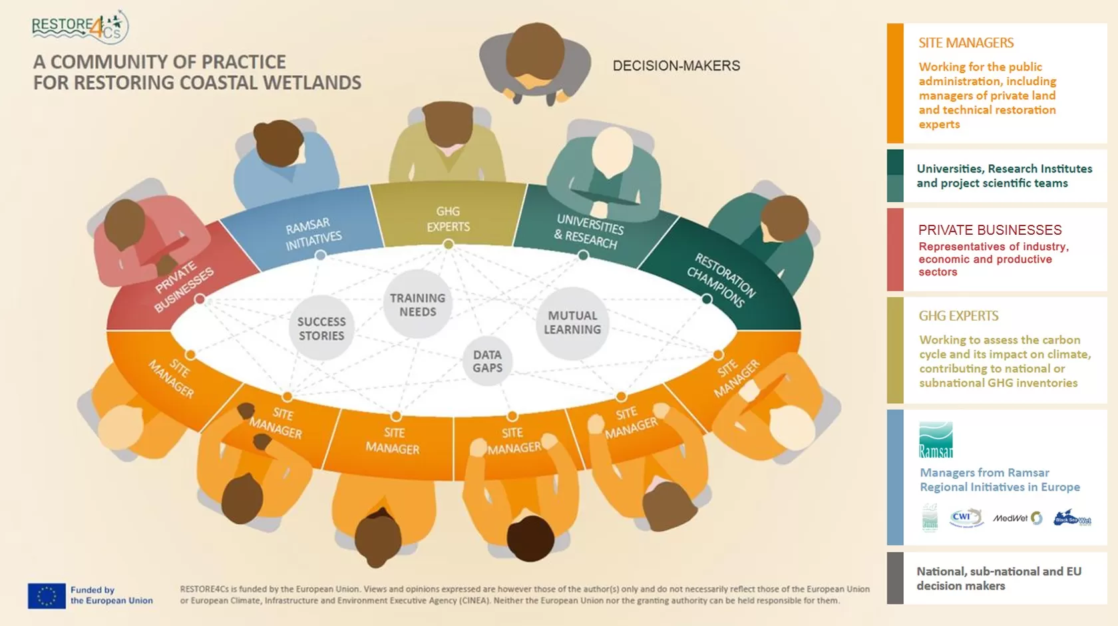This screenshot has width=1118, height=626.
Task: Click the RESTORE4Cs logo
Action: (x=79, y=27)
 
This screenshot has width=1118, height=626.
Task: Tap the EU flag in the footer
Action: (x=47, y=595)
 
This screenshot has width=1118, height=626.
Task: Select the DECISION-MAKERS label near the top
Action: (x=676, y=66)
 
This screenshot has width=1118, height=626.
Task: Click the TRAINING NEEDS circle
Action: (x=418, y=305)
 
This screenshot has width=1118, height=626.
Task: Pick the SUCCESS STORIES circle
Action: (x=321, y=328)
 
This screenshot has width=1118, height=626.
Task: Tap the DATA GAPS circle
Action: (x=488, y=361)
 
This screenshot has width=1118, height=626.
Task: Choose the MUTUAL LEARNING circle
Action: (x=572, y=323)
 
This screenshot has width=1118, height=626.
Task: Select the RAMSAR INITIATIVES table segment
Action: (x=313, y=233)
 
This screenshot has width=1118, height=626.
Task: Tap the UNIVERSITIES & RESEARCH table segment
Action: (x=589, y=230)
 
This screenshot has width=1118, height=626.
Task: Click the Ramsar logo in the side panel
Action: (x=936, y=440)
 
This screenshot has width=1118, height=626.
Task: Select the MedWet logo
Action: (x=1018, y=518)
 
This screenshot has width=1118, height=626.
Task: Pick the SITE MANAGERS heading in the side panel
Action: (x=966, y=43)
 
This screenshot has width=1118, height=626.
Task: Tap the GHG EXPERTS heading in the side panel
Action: (x=958, y=316)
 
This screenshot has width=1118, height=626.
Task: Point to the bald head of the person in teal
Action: (x=612, y=150)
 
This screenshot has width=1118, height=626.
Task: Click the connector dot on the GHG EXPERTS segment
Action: (x=449, y=245)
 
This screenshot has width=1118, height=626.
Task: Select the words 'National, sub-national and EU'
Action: (x=999, y=571)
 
